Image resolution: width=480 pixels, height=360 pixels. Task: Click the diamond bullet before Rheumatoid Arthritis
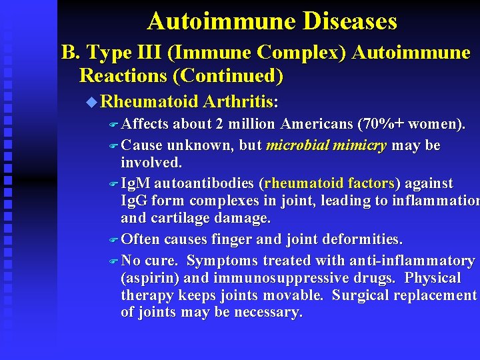(x=92, y=102)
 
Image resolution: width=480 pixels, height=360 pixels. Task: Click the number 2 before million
(x=229, y=125)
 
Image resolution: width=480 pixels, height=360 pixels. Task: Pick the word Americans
(x=317, y=125)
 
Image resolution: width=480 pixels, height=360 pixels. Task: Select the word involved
(x=151, y=163)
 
